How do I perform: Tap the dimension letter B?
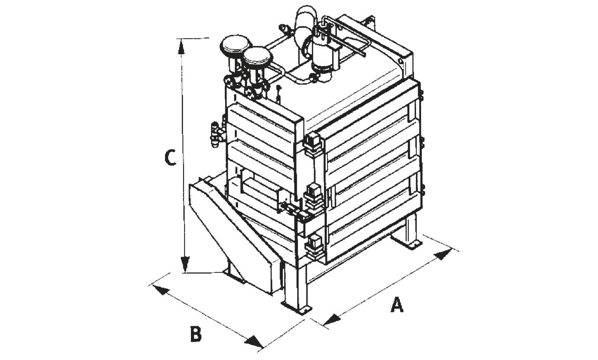pyautogui.click(x=196, y=334)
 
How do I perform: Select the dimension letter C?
pyautogui.click(x=170, y=157)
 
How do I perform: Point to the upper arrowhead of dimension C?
pyautogui.click(x=181, y=47)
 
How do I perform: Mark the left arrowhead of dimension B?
pyautogui.click(x=161, y=289)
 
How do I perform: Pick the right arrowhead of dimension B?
pyautogui.click(x=254, y=342)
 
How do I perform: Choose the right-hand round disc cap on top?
pyautogui.click(x=257, y=57)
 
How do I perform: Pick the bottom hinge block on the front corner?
pyautogui.click(x=314, y=247)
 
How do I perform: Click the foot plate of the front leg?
pyautogui.click(x=296, y=308)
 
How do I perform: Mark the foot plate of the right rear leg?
pyautogui.click(x=407, y=242)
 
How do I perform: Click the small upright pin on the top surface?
pyautogui.click(x=279, y=94)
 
